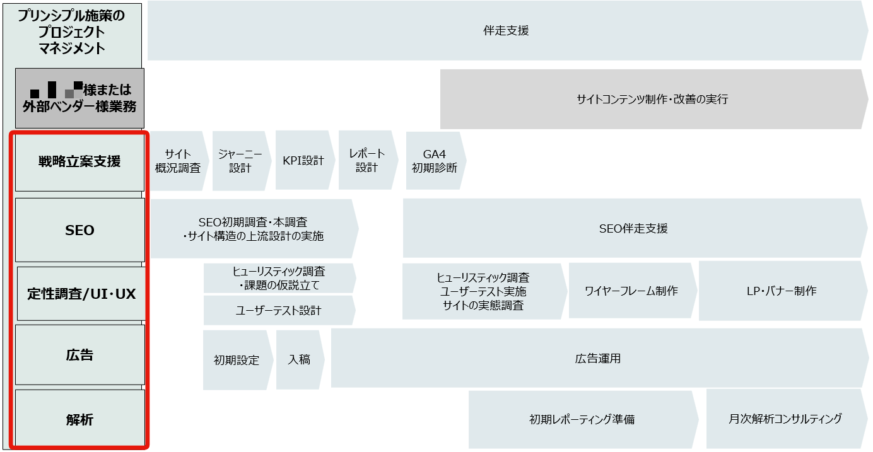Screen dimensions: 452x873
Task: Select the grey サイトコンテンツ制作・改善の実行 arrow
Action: pyautogui.click(x=652, y=99)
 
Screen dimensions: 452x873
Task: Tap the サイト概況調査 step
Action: pyautogui.click(x=178, y=161)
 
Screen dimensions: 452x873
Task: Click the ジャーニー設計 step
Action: pyautogui.click(x=240, y=161)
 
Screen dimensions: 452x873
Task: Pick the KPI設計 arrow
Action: pyautogui.click(x=303, y=160)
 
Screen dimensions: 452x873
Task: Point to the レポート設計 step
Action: pyautogui.click(x=366, y=160)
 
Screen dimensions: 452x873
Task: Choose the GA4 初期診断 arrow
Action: pyautogui.click(x=435, y=161)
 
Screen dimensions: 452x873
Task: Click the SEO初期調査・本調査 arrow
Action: pyautogui.click(x=253, y=229)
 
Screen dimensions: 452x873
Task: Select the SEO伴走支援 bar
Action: pyautogui.click(x=633, y=228)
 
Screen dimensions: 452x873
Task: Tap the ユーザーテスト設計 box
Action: pyautogui.click(x=278, y=310)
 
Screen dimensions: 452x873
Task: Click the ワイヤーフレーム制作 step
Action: pyautogui.click(x=631, y=291)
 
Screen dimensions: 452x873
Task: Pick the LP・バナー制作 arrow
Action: pyautogui.click(x=781, y=291)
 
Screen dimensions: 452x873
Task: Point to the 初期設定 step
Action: pyautogui.click(x=237, y=360)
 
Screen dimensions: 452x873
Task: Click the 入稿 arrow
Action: pyautogui.click(x=299, y=359)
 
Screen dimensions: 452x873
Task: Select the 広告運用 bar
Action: pyautogui.click(x=598, y=358)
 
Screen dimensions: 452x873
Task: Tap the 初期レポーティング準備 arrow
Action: pyautogui.click(x=582, y=419)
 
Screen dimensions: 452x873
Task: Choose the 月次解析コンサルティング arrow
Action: pyautogui.click(x=785, y=419)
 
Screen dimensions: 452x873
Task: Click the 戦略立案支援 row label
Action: pyautogui.click(x=79, y=161)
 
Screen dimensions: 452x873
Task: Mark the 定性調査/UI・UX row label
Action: pyautogui.click(x=81, y=294)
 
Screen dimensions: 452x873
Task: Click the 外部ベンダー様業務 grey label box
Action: pyautogui.click(x=79, y=98)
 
